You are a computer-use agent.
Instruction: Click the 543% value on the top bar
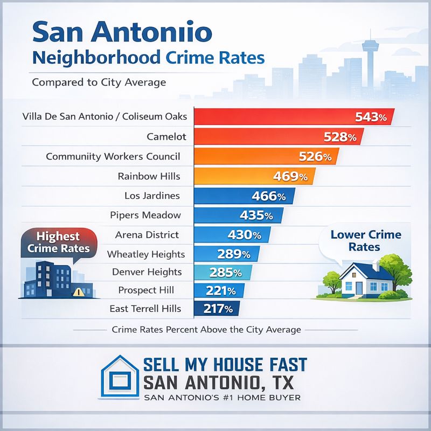point(371,117)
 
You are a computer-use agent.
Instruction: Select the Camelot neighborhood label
point(166,137)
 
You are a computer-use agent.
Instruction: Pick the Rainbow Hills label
point(149,176)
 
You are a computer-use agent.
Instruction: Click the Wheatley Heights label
point(146,254)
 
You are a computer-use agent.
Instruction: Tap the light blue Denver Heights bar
point(223,273)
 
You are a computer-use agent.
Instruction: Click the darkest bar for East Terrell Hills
point(215,309)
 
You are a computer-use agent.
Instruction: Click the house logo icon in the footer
point(120,379)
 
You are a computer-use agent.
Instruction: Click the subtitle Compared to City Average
point(99,83)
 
